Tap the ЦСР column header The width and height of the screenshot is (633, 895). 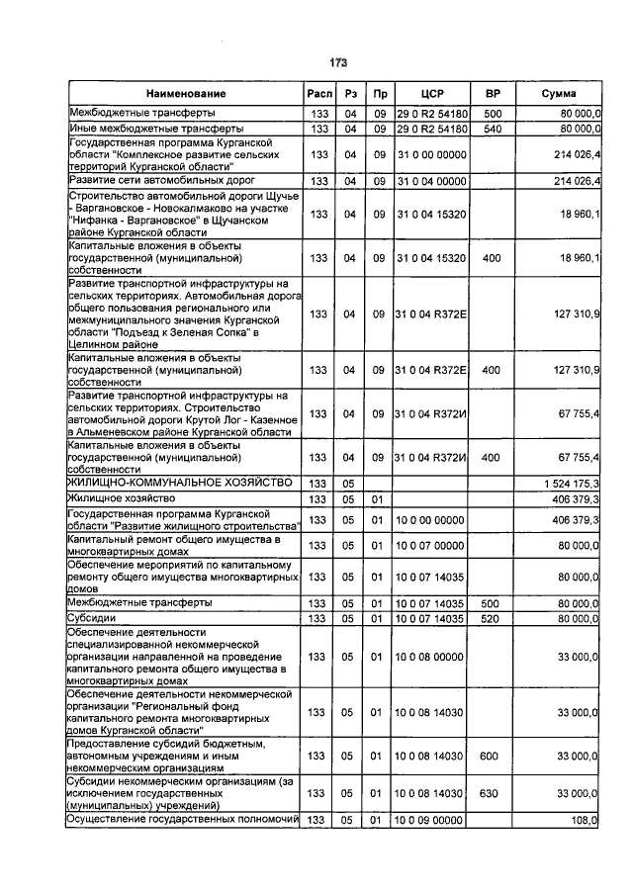(430, 94)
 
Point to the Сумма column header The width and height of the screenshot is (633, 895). (560, 94)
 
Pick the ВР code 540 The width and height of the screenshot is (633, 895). (493, 129)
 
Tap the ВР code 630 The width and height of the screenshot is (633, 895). (493, 793)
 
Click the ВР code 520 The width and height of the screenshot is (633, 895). (493, 618)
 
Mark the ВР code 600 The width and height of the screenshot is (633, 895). (493, 755)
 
